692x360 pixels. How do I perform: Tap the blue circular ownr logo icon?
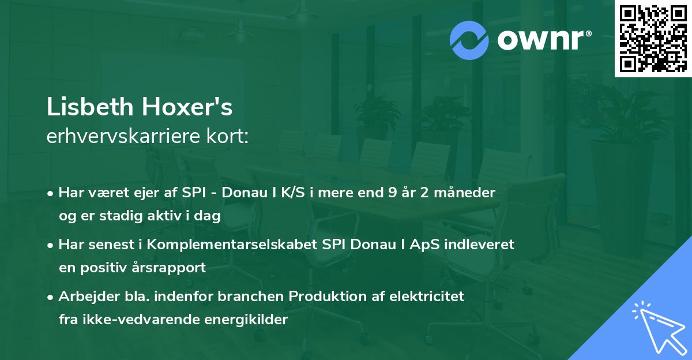coord(469,40)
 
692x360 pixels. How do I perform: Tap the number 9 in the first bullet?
coord(393,193)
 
